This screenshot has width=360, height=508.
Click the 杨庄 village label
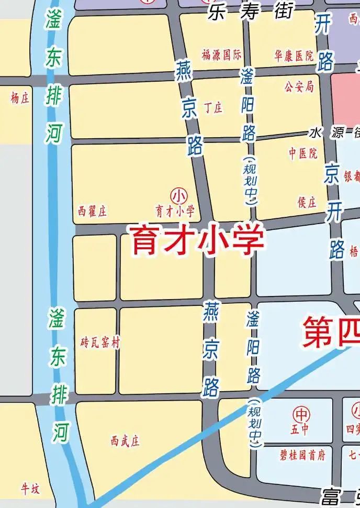20,98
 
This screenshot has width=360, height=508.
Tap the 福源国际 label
221,54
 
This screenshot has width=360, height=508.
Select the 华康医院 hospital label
294,56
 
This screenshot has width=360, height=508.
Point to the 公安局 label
299,86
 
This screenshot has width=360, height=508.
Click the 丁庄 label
213,108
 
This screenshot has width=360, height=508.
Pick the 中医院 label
303,153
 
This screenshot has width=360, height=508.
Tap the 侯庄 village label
307,203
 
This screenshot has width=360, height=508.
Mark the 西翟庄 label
92,212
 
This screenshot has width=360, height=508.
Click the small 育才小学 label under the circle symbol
175,212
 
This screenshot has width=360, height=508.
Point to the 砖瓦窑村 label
100,343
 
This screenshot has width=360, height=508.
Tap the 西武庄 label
126,441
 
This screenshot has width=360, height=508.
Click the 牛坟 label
30,489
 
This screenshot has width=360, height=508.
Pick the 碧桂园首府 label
302,455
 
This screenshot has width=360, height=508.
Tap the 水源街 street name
335,132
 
